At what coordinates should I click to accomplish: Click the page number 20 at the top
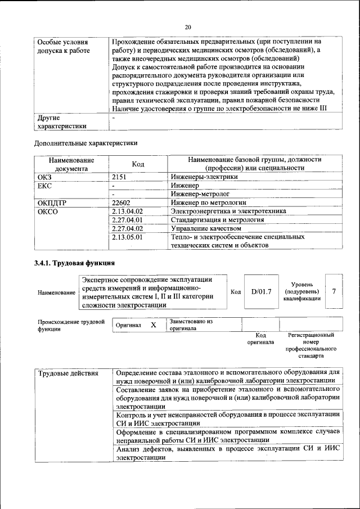pos(188,26)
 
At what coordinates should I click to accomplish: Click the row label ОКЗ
pos(45,177)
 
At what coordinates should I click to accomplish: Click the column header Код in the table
pos(138,164)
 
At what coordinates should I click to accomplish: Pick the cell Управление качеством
pos(206,228)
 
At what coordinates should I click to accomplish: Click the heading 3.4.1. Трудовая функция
pos(75,263)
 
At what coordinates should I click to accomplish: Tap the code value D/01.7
pos(261,291)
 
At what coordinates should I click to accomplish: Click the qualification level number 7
pos(334,291)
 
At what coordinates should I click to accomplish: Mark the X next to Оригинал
pos(153,325)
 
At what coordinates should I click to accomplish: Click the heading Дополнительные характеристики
pos(85,143)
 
